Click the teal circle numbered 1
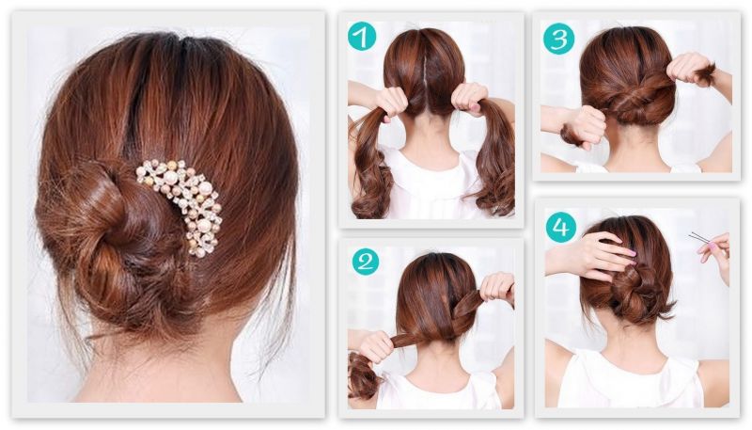pyautogui.click(x=362, y=37)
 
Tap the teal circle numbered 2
pyautogui.click(x=366, y=262)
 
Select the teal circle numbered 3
pyautogui.click(x=558, y=39)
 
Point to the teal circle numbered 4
pyautogui.click(x=561, y=227)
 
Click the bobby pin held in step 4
pyautogui.click(x=701, y=238)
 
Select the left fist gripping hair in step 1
pyautogui.click(x=392, y=102)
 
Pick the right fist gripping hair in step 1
pyautogui.click(x=470, y=100)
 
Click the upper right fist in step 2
pyautogui.click(x=497, y=288)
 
